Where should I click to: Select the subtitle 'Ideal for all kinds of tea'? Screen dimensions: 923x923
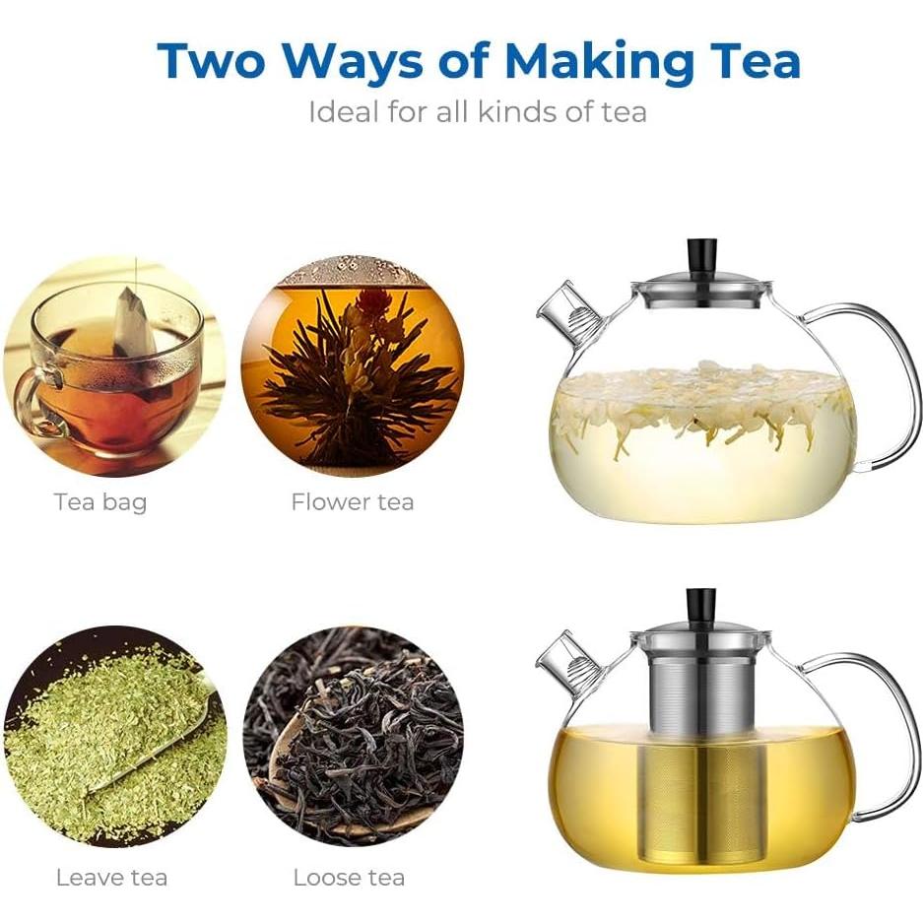(478, 112)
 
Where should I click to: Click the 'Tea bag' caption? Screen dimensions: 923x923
(100, 502)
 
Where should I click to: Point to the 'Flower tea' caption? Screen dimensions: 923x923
(353, 502)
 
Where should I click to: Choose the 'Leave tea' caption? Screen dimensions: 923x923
(112, 879)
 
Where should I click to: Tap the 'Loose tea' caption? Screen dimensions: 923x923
(349, 879)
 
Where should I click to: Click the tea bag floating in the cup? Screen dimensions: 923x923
(134, 325)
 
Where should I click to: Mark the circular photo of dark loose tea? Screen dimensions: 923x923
(354, 737)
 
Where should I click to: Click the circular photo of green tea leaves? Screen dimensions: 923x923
(115, 737)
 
